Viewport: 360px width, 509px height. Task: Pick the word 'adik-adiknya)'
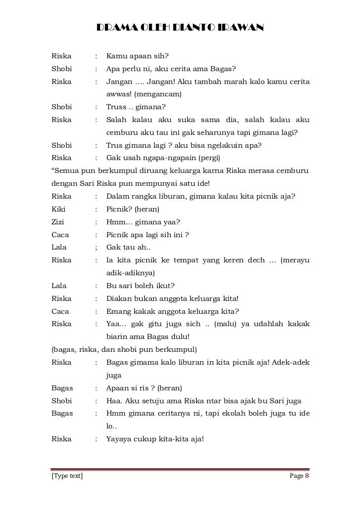(x=131, y=273)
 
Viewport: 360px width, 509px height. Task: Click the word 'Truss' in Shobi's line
(x=117, y=107)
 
